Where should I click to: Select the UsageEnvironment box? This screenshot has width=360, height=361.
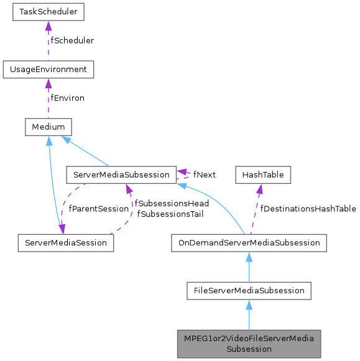point(48,69)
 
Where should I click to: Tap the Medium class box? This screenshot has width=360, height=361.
point(48,127)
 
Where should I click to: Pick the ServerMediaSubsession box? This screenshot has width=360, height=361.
point(121,175)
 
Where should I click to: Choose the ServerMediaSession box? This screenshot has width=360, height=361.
point(65,242)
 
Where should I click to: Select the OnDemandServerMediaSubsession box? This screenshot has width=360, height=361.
point(249,242)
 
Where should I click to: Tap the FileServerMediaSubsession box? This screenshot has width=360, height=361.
point(249,290)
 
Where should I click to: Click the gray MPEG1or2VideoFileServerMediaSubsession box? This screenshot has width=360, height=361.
point(249,343)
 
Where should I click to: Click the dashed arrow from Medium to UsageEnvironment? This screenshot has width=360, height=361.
point(48,98)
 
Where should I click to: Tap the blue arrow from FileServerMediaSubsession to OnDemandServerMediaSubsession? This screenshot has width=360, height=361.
point(249,267)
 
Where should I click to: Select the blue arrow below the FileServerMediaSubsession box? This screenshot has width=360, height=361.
point(249,314)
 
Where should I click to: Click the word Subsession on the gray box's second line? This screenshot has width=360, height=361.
point(249,349)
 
